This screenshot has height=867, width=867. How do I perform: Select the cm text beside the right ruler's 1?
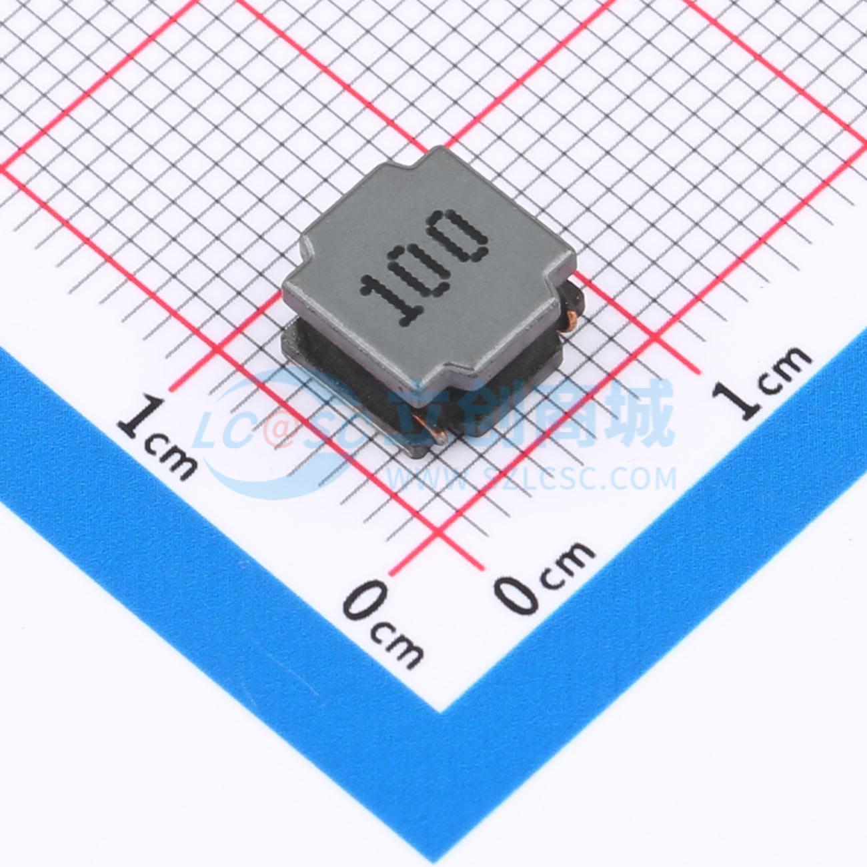[780, 367]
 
